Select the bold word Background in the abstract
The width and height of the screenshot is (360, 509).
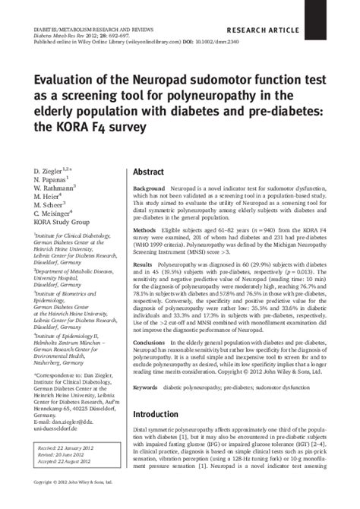click(x=149, y=188)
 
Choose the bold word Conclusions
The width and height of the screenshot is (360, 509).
click(x=150, y=343)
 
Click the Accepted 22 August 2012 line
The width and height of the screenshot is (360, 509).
click(x=70, y=463)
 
